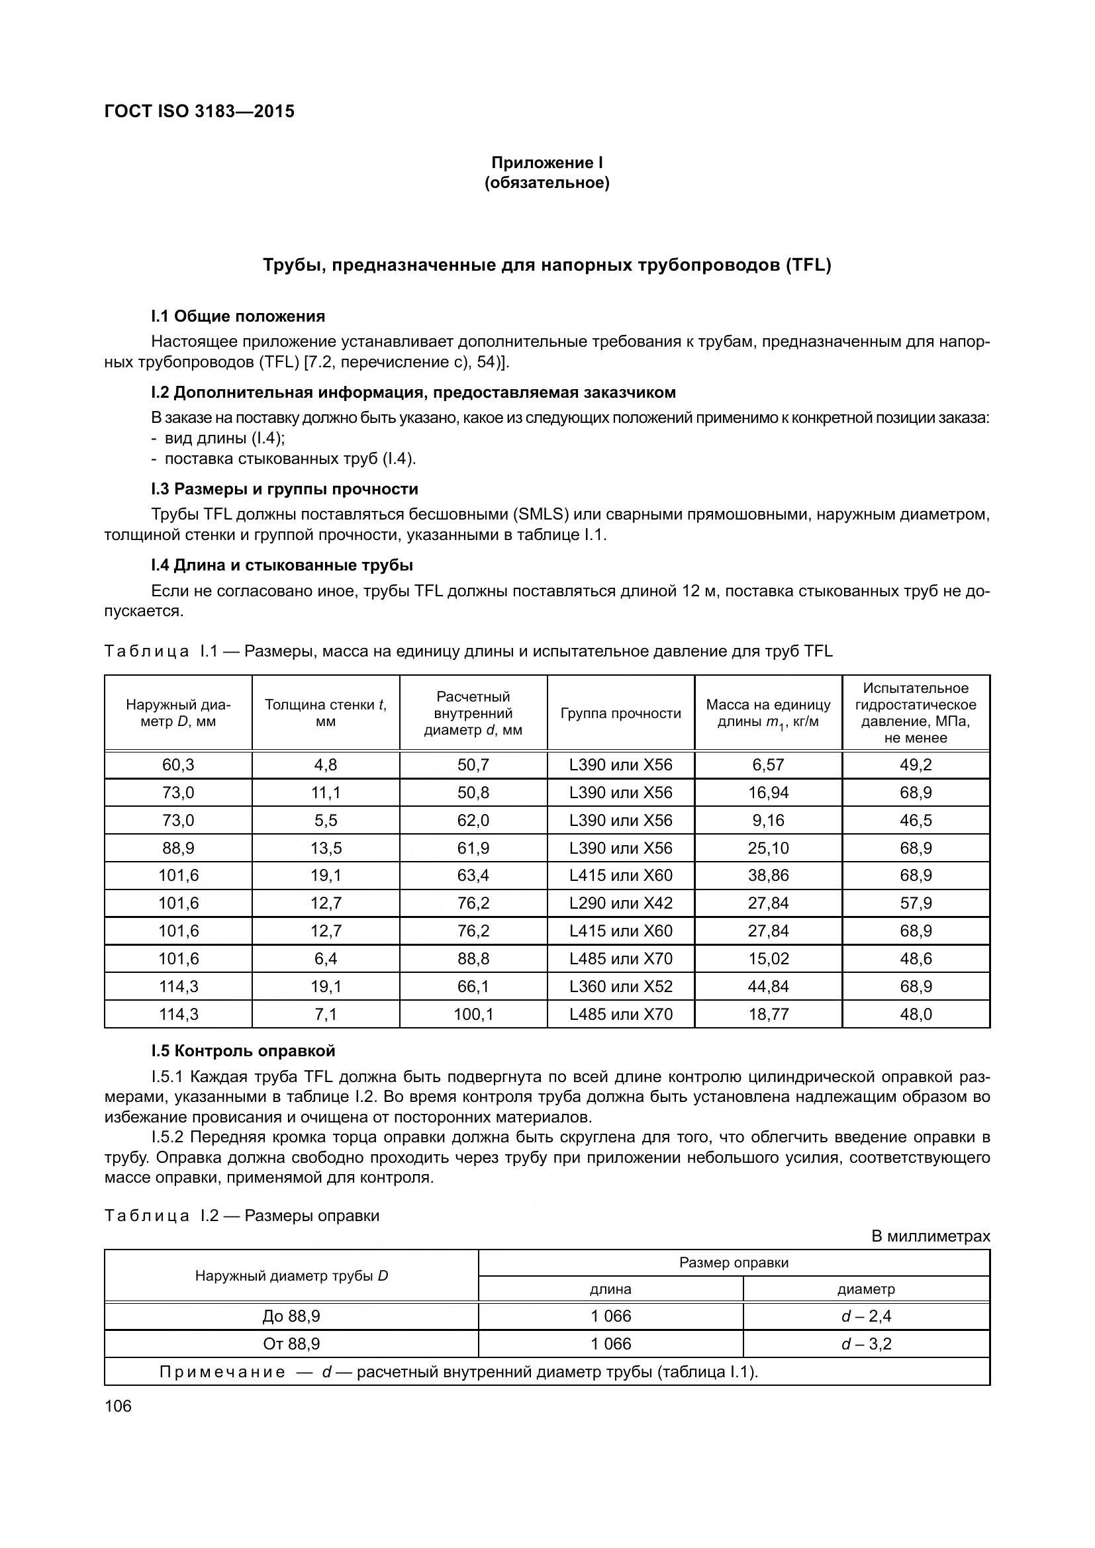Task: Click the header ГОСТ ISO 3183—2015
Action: click(x=199, y=111)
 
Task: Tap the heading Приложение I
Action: click(x=547, y=163)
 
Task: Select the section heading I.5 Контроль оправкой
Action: click(x=243, y=1051)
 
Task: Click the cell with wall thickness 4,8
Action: click(x=326, y=764)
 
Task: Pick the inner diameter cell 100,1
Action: click(x=473, y=1014)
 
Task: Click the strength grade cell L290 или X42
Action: click(x=620, y=903)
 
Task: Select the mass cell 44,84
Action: click(x=768, y=986)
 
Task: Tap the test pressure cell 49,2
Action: click(x=916, y=764)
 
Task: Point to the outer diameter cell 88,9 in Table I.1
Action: click(x=178, y=848)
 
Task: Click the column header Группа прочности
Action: click(x=620, y=713)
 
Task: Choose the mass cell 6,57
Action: click(x=768, y=764)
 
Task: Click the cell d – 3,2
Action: click(x=866, y=1343)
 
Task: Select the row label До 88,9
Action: click(x=291, y=1316)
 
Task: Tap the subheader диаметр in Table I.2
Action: click(x=866, y=1289)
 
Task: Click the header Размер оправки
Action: click(x=734, y=1263)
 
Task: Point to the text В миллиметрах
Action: click(x=930, y=1236)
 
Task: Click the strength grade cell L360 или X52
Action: click(x=620, y=986)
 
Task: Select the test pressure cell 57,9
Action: click(x=916, y=903)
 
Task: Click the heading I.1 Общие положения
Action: click(x=238, y=316)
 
